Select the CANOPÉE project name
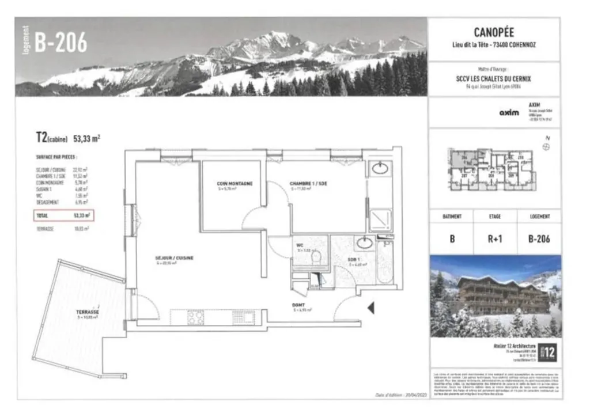[494, 32]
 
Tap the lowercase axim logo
[509, 112]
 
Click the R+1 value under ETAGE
[494, 238]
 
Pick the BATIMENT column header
[451, 217]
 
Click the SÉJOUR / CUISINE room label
[173, 257]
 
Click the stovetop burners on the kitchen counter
[196, 317]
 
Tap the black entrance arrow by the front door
[371, 308]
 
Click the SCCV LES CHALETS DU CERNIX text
[494, 78]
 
